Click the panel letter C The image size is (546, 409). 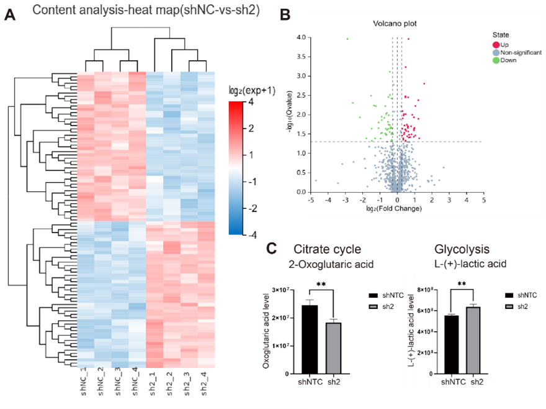click(x=271, y=249)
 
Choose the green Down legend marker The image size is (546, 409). click(x=496, y=60)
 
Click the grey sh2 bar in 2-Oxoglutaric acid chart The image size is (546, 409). click(x=333, y=348)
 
